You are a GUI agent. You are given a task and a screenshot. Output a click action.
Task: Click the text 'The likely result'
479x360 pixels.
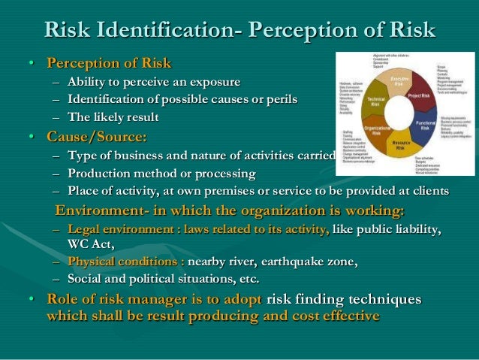click(x=112, y=116)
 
